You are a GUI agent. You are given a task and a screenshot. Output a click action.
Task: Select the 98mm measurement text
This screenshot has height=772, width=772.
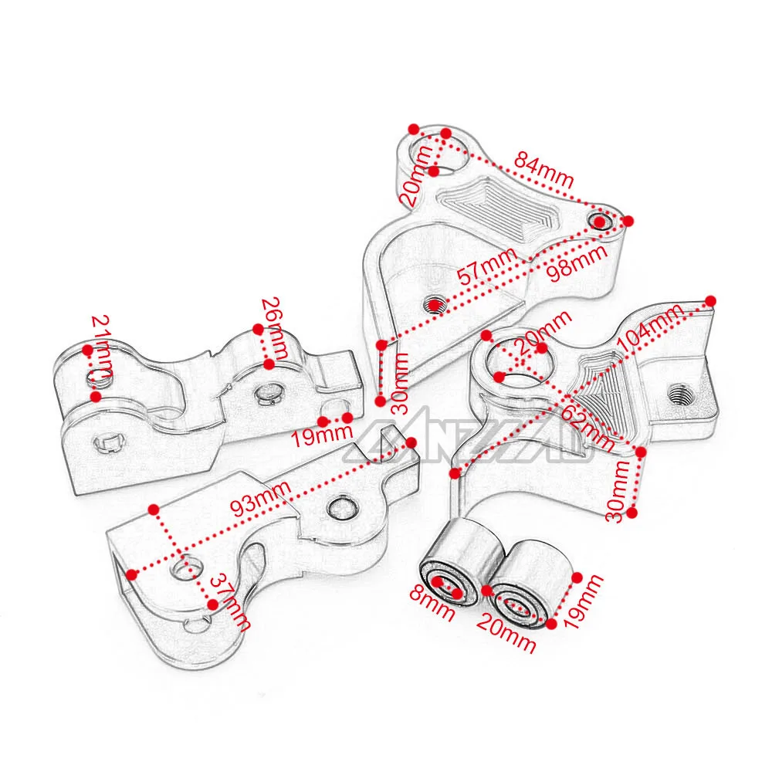coord(574,261)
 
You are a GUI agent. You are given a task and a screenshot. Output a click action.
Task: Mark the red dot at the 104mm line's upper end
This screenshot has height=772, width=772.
coord(711,300)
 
